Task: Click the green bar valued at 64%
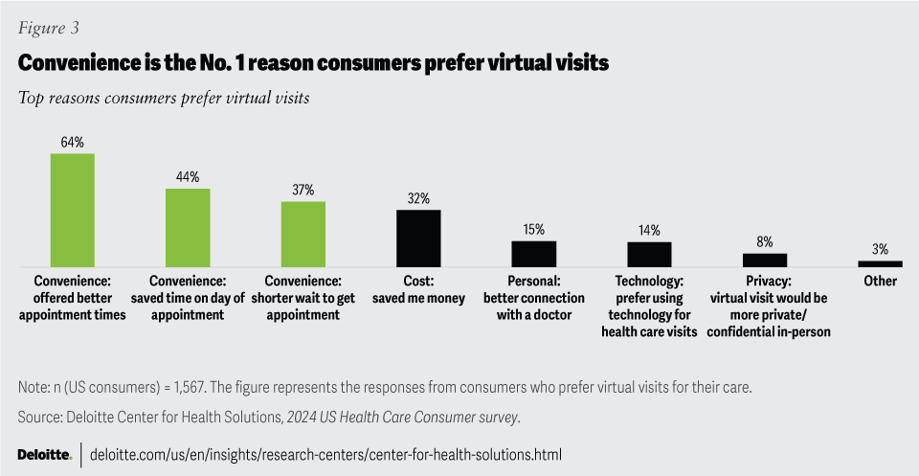point(72,210)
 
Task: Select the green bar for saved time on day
point(188,227)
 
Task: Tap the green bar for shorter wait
point(303,234)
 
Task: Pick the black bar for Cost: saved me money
point(418,238)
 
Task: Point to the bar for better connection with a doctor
point(533,253)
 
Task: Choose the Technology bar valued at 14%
point(649,254)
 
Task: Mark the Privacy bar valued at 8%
point(764,260)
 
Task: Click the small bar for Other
point(880,263)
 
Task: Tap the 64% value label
point(72,142)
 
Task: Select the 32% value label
point(418,198)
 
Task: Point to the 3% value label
point(880,249)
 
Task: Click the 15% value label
point(533,229)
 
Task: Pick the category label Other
point(880,282)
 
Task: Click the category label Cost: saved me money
point(418,290)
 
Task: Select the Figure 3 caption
point(48,28)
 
